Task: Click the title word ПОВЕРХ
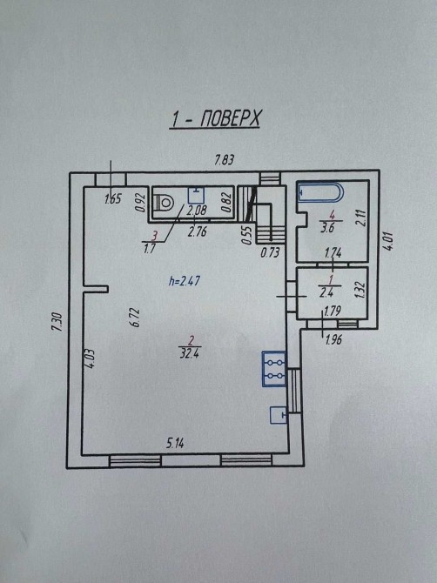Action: pos(230,119)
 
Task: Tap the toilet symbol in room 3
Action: pos(164,202)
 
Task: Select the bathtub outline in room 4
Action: pos(320,192)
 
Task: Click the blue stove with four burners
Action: pos(274,369)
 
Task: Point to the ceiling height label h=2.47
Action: pos(185,280)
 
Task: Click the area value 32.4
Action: pos(189,353)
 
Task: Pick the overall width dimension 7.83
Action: pos(225,160)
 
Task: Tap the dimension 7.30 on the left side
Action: pos(57,322)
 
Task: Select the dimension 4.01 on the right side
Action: pos(388,241)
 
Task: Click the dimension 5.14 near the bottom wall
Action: pos(175,443)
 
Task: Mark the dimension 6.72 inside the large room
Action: pos(135,317)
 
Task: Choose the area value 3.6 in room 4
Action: pos(327,227)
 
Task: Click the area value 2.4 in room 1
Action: pos(326,292)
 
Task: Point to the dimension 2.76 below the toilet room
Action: pos(197,232)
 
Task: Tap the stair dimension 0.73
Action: pos(270,253)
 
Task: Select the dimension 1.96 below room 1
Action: pos(333,339)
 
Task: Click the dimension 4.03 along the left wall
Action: pos(91,358)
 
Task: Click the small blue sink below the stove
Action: pos(279,415)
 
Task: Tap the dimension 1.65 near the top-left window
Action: pos(113,199)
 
